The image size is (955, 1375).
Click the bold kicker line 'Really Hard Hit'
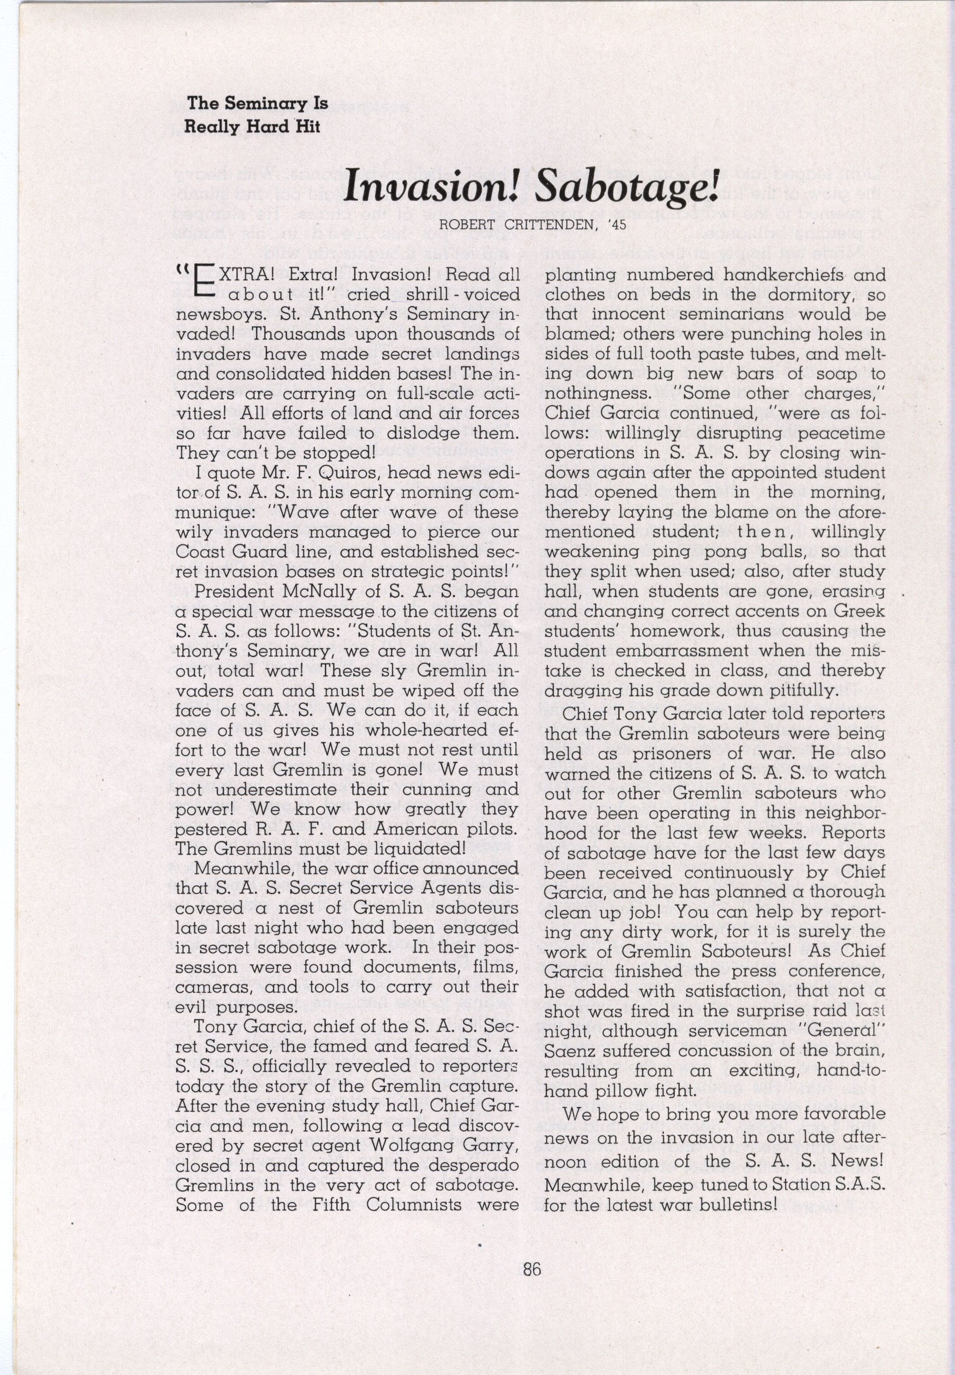coord(252,127)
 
